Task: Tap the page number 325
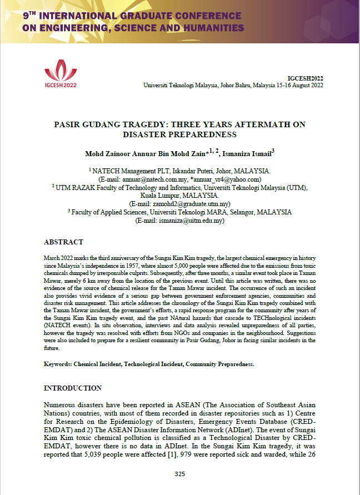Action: pyautogui.click(x=179, y=474)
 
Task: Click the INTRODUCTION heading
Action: pyautogui.click(x=73, y=388)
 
